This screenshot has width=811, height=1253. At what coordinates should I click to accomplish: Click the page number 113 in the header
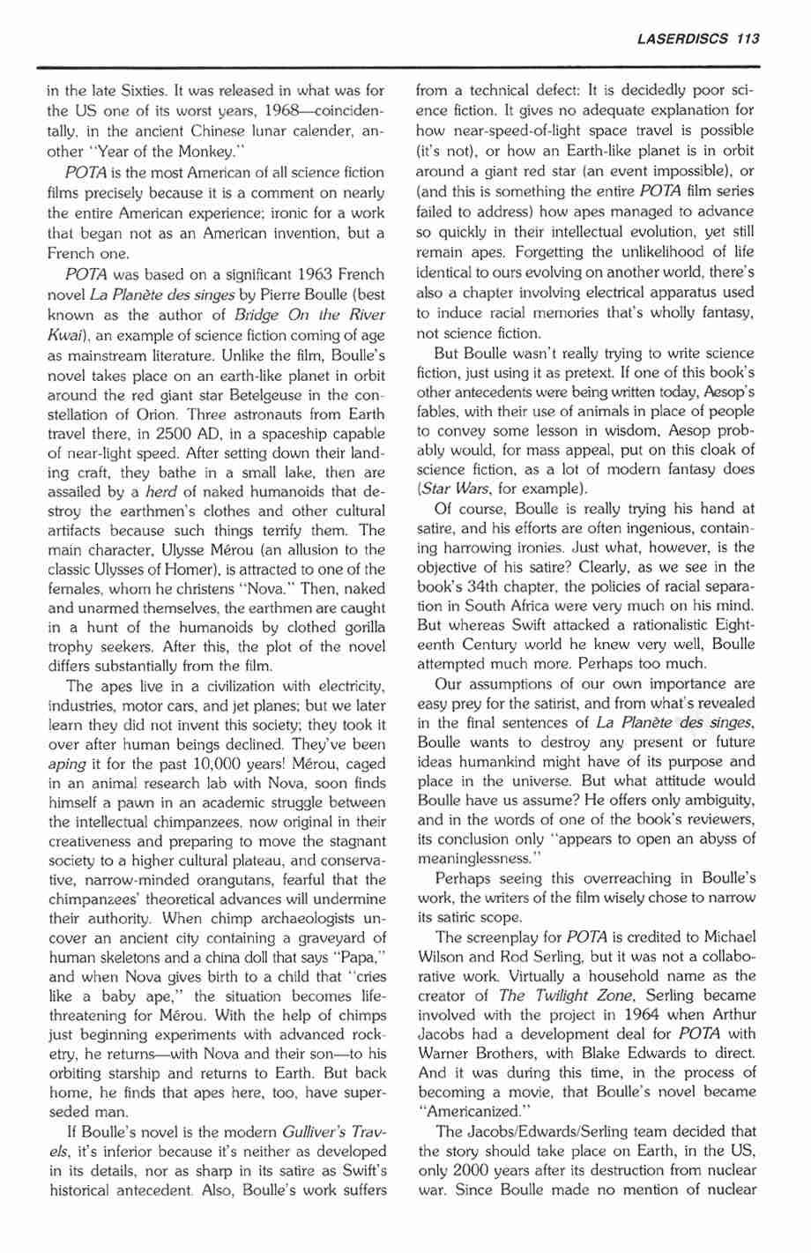[x=748, y=38]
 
